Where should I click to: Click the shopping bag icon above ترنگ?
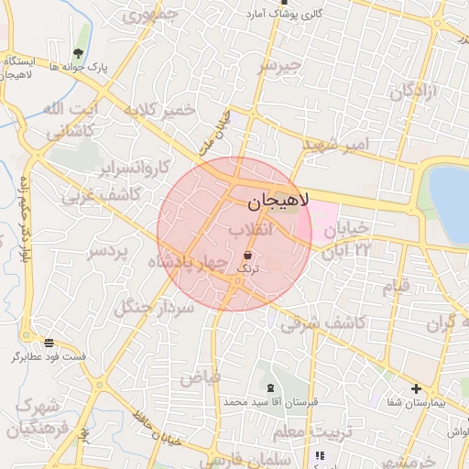click(248, 254)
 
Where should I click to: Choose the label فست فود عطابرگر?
click(49, 356)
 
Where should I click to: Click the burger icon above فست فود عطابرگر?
click(49, 343)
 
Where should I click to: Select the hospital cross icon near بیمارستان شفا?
click(417, 388)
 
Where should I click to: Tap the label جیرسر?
click(278, 66)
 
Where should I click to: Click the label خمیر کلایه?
click(164, 111)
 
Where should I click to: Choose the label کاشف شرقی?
click(322, 322)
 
